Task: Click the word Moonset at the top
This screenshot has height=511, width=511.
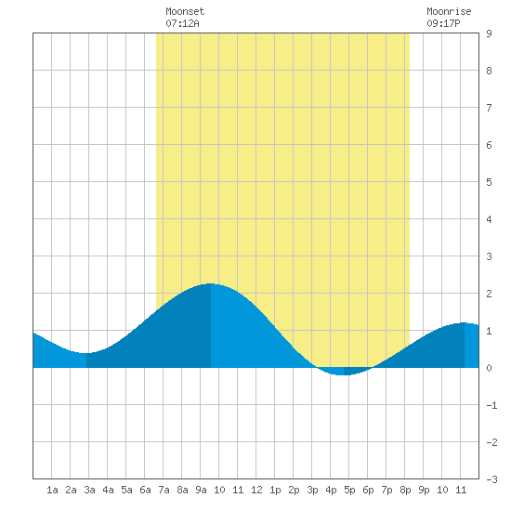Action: tap(185, 11)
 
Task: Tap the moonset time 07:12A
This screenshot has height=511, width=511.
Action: tap(182, 23)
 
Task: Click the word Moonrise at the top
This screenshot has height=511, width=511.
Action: tap(449, 11)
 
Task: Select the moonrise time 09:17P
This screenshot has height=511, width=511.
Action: tap(443, 23)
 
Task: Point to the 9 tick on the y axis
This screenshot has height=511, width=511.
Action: tap(489, 33)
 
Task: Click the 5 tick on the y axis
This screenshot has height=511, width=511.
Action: tap(489, 182)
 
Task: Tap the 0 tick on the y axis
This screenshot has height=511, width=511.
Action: tap(489, 368)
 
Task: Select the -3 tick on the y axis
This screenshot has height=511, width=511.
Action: tap(491, 479)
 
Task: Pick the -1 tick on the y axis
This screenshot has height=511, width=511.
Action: tap(491, 405)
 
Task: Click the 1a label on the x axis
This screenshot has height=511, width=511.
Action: tap(52, 490)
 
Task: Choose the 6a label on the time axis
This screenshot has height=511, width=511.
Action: tap(145, 490)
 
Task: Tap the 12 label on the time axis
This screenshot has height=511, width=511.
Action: tap(256, 490)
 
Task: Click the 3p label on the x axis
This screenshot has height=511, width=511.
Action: tap(312, 490)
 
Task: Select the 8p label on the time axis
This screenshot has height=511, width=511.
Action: tap(405, 490)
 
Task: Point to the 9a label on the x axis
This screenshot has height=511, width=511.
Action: tap(201, 490)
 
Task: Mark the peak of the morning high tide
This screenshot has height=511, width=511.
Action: tap(211, 284)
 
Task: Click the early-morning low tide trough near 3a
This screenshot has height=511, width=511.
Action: tap(86, 353)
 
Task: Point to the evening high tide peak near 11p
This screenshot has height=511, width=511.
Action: tap(464, 323)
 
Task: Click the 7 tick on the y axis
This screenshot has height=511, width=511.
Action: tap(489, 108)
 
